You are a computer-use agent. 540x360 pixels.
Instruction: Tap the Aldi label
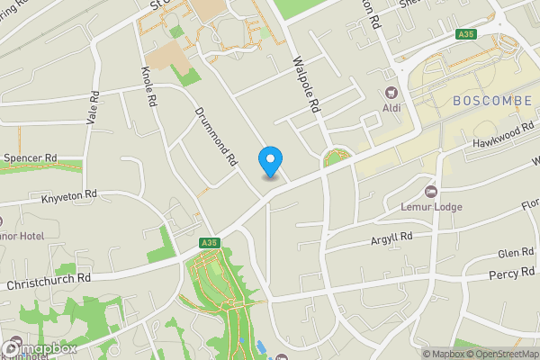tap(392, 108)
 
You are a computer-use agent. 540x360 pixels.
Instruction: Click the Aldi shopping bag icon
tap(391, 93)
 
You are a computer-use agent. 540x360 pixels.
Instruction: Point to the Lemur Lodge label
tap(431, 207)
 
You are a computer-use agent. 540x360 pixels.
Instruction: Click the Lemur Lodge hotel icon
tap(431, 192)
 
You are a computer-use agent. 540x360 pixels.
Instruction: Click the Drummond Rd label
tap(216, 137)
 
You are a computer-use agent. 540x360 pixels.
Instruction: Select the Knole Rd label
tap(150, 85)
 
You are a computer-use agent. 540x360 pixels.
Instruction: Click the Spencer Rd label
tap(30, 157)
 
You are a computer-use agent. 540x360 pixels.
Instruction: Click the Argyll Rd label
tap(391, 238)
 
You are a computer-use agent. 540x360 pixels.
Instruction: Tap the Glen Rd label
tap(516, 254)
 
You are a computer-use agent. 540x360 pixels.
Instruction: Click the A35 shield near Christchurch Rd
tap(210, 243)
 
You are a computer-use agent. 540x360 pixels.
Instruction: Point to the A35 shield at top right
tap(464, 34)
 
